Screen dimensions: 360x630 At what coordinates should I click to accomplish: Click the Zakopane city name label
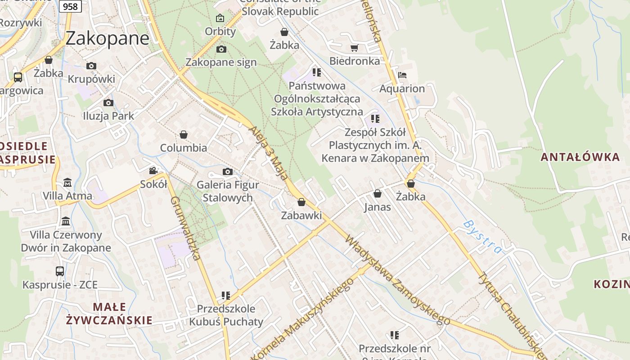(x=107, y=39)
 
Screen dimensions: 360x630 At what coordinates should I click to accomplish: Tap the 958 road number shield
(x=70, y=6)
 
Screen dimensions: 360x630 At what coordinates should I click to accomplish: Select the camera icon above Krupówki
(x=91, y=66)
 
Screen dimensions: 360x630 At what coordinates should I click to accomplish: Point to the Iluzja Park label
(x=108, y=116)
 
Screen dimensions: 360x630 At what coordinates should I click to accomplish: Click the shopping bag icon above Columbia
(x=184, y=135)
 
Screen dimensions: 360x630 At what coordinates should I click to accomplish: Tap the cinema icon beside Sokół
(x=153, y=171)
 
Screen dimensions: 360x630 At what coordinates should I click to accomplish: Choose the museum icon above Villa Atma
(x=67, y=182)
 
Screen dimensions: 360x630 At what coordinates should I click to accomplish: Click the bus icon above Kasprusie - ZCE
(x=60, y=271)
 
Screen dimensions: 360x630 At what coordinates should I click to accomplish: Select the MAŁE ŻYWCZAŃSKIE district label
(x=109, y=314)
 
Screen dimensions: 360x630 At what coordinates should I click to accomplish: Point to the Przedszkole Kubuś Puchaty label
(x=226, y=315)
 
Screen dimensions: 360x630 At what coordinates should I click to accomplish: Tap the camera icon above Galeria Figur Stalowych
(x=228, y=171)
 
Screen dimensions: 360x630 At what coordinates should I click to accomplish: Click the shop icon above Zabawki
(x=301, y=202)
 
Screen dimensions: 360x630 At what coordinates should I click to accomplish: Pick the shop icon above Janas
(x=377, y=193)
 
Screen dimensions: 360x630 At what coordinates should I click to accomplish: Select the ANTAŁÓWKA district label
(x=580, y=157)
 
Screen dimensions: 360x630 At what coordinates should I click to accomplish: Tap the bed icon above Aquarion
(x=402, y=75)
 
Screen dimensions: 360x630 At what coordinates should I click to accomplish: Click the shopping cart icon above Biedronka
(x=354, y=47)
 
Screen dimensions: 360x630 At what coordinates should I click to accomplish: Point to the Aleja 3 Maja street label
(x=269, y=153)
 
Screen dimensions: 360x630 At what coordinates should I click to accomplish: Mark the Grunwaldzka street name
(x=185, y=228)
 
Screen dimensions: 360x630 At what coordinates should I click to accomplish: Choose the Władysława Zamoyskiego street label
(x=397, y=279)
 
